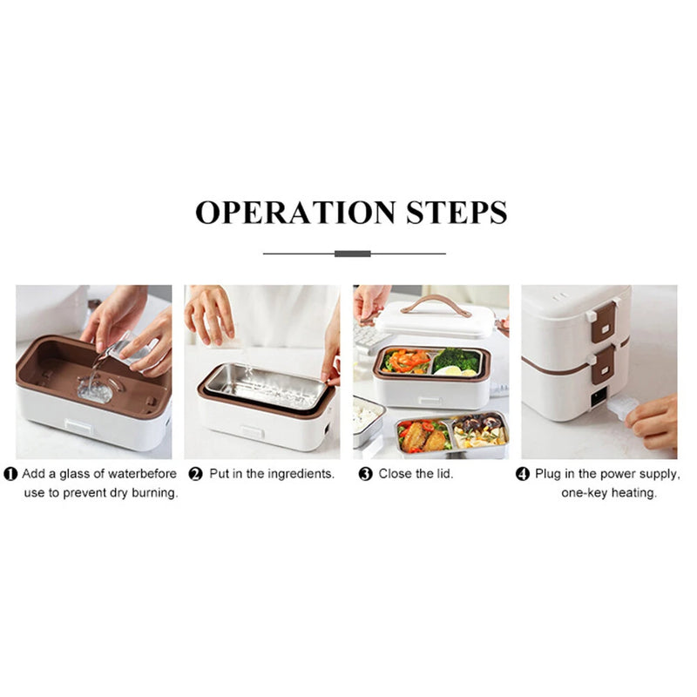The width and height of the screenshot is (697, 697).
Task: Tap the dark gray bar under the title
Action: pos(353,254)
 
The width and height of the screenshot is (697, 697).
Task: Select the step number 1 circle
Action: pos(10,475)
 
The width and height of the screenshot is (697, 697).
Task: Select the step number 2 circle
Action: pos(196,475)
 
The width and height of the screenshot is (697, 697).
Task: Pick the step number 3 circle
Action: pos(366,475)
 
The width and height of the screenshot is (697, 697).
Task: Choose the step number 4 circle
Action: pos(523,475)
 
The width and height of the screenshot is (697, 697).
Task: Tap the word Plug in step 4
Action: pos(552,474)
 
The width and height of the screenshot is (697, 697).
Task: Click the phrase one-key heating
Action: pos(609,493)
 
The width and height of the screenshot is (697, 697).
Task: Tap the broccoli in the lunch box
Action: pos(456,359)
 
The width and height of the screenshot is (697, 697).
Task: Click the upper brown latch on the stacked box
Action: pos(603,321)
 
